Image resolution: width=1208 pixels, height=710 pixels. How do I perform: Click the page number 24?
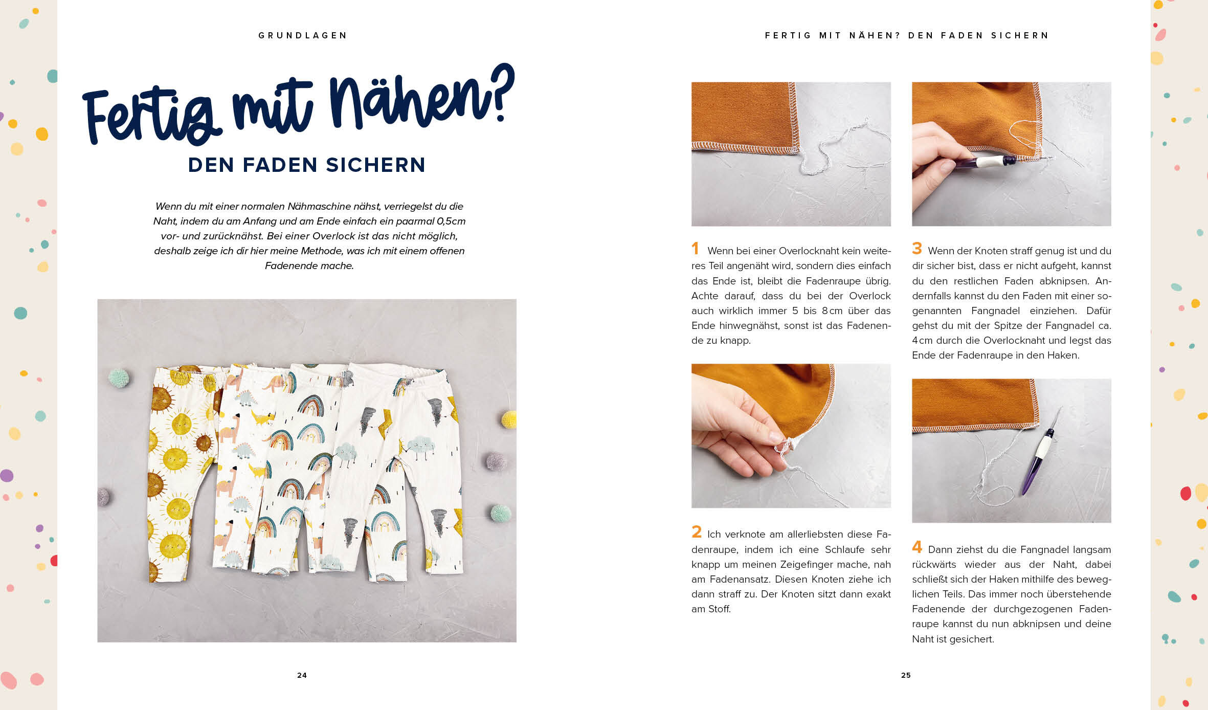click(x=302, y=675)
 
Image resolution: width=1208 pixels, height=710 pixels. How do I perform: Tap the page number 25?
click(x=906, y=675)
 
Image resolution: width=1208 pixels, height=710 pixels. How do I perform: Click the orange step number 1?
click(x=695, y=249)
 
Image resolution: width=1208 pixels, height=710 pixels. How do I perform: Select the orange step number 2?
click(x=697, y=532)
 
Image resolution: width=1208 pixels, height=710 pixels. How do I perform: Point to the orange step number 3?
click(x=917, y=249)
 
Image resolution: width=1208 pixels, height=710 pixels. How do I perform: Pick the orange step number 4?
click(x=917, y=547)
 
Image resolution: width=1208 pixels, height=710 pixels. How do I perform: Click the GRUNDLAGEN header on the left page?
click(x=303, y=35)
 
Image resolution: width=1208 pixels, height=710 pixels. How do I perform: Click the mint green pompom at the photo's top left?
click(x=119, y=379)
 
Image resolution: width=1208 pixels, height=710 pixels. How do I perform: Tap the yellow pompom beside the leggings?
click(x=509, y=419)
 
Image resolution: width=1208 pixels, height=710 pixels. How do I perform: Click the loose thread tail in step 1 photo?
click(x=839, y=148)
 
